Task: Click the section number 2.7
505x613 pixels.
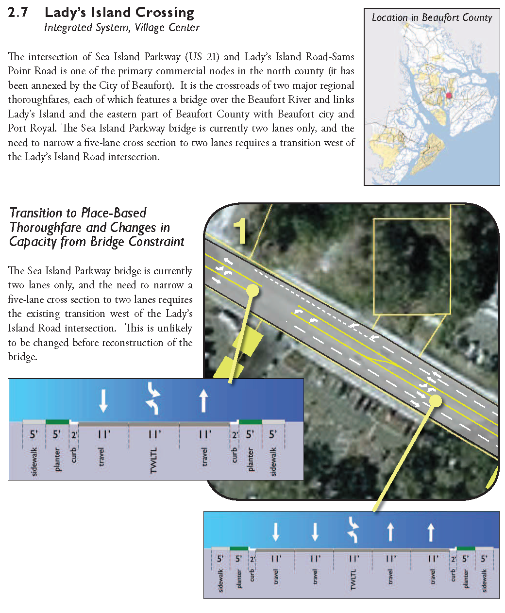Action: (18, 13)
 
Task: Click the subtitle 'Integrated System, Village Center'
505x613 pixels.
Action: (121, 28)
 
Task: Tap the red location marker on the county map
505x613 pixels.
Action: (449, 96)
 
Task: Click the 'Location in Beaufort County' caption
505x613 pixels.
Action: (432, 18)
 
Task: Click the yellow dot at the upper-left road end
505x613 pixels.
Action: (252, 290)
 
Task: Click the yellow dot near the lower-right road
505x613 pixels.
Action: (436, 401)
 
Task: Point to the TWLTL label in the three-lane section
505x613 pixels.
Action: (154, 461)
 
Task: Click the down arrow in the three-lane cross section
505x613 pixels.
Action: (103, 401)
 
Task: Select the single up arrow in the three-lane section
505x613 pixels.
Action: (204, 401)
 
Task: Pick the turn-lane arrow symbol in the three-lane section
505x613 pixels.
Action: (154, 398)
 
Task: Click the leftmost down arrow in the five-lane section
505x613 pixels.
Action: (276, 531)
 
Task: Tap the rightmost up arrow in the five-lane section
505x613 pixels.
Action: (431, 531)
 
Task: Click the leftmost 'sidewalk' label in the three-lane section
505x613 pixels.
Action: (34, 462)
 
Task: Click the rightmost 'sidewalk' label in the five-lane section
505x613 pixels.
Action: (484, 581)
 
